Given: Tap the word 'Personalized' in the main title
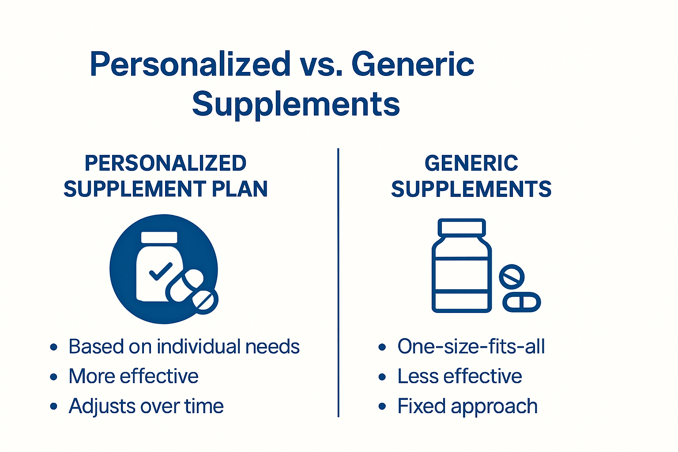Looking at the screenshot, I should pos(190,64).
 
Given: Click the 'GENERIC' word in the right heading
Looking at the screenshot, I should pos(471,163).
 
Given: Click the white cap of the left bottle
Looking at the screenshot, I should pos(159,237).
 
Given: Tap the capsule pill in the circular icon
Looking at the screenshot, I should pos(185,286).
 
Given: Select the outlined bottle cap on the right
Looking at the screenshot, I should pos(462,228).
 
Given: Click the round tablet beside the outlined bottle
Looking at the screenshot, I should pos(512,277).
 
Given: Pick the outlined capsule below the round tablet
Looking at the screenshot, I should pos(522,302).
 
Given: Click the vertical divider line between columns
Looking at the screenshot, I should pos(338,282).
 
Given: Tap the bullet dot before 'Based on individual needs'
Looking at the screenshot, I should pos(54,347).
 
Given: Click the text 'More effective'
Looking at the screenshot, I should pos(133,377).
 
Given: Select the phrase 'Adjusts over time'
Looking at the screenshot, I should pos(146,406).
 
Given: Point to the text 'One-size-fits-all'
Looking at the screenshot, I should pos(471,347).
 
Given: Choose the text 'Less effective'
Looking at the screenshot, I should pos(460,377).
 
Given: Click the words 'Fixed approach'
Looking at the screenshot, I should pos(467,406).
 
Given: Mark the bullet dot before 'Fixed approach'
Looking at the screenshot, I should pos(382,407).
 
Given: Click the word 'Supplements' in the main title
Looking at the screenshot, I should pos(296,104).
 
